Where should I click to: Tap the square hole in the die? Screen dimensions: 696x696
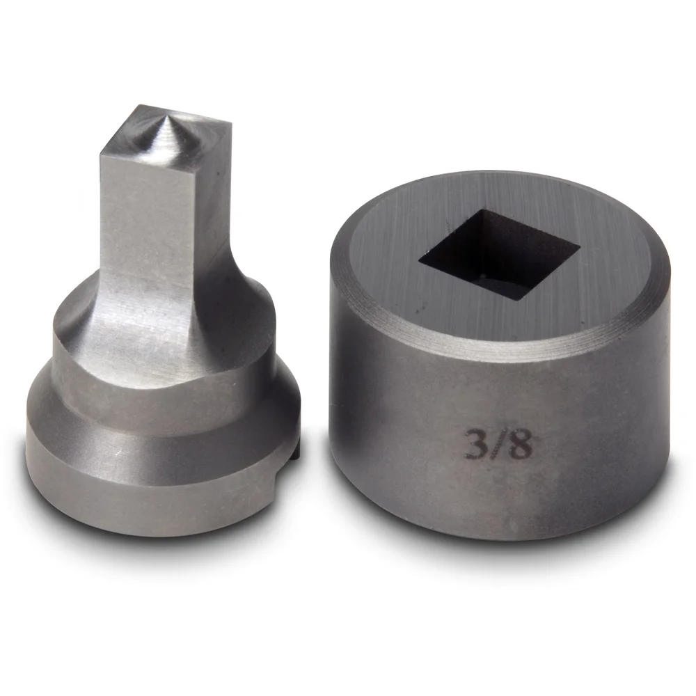tap(499, 254)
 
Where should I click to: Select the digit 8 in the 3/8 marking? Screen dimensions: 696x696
tap(520, 445)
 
